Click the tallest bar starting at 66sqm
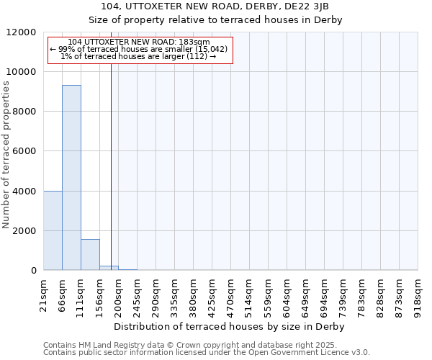pos(71,177)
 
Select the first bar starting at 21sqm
pos(53,230)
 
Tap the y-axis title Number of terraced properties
pos(6,155)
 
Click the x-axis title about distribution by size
pos(230,326)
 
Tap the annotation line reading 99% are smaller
pos(139,49)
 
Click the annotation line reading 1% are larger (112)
pos(139,56)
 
